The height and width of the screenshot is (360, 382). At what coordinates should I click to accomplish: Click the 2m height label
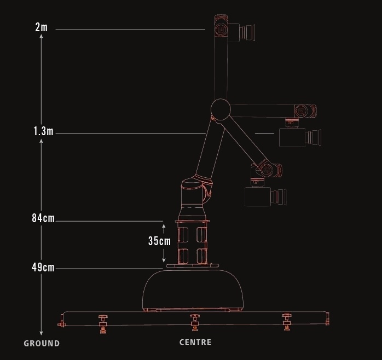pos(41,27)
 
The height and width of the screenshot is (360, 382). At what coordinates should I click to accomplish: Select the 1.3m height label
pos(43,131)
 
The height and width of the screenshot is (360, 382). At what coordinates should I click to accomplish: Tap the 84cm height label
pos(43,218)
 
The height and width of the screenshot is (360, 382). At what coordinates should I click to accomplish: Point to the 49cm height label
pos(43,268)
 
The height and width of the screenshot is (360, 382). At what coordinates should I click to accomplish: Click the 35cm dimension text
pos(160,241)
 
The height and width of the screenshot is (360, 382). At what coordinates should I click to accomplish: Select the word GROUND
pos(42,344)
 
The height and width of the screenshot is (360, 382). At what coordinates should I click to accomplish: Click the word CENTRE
pos(195,342)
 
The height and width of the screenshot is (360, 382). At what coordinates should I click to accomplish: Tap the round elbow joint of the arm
pos(221,109)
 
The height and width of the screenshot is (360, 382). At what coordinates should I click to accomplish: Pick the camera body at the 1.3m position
pos(292,138)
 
